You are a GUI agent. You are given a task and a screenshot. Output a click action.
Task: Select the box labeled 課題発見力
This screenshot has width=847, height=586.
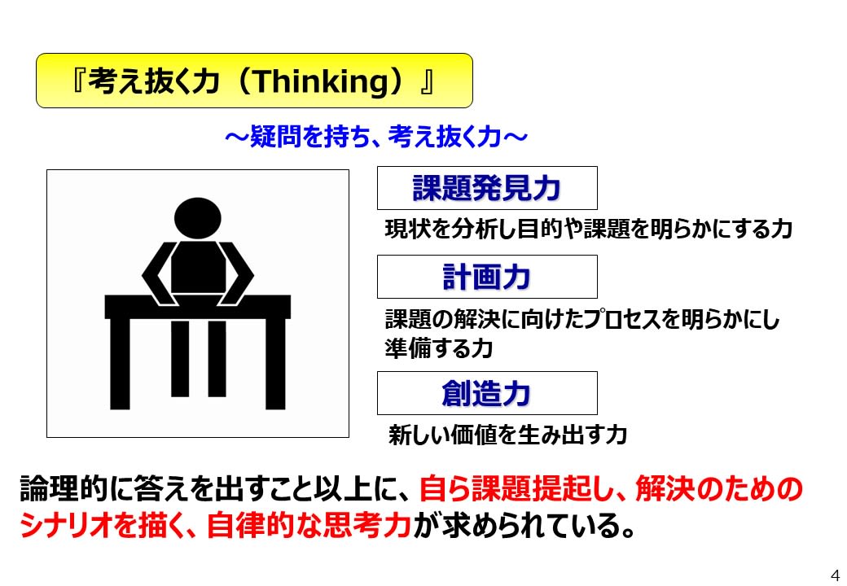point(487,188)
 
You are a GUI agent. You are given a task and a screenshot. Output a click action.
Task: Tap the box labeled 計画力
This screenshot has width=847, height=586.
point(487,277)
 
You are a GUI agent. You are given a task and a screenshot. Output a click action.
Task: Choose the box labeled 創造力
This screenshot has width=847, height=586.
point(487,393)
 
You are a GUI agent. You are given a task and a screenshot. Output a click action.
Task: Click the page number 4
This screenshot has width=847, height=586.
point(834,571)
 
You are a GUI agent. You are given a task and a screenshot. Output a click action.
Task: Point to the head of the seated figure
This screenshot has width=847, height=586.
point(199,219)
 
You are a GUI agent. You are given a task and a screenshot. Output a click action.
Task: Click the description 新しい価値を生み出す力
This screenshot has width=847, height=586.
point(507,435)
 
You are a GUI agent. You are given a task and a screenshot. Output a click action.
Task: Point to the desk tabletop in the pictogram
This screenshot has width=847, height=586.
point(198,306)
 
